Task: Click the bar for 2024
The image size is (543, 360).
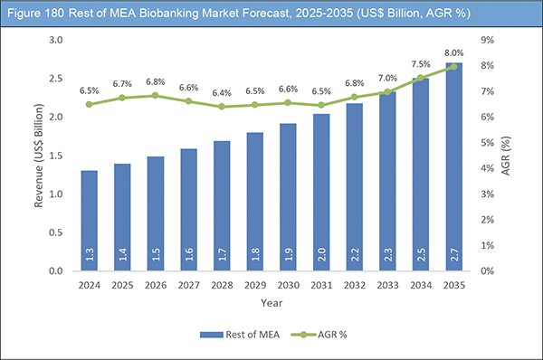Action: pos(89,221)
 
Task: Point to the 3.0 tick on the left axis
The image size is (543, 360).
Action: pos(56,41)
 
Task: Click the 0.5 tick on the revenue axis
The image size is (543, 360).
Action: pos(56,232)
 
